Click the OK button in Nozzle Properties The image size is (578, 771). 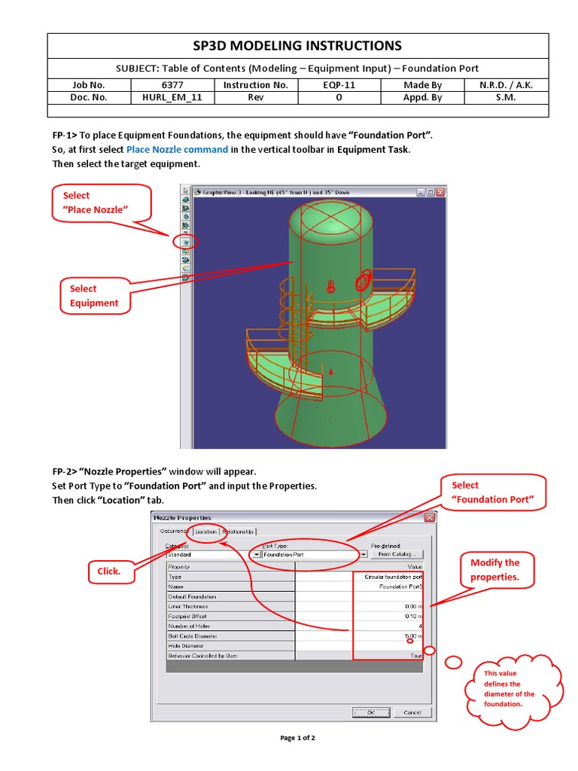(370, 712)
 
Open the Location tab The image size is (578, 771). (206, 532)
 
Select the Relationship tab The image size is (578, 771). (237, 532)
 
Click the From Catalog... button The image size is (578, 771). (397, 554)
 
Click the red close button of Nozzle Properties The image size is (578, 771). (429, 518)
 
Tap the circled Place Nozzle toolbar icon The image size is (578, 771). (185, 242)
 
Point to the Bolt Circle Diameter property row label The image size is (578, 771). (192, 635)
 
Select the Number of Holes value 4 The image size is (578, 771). (419, 626)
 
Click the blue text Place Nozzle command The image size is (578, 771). (177, 149)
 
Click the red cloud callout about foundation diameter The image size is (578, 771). (510, 689)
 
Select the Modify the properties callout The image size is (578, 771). (494, 570)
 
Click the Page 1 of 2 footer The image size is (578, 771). (298, 738)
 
